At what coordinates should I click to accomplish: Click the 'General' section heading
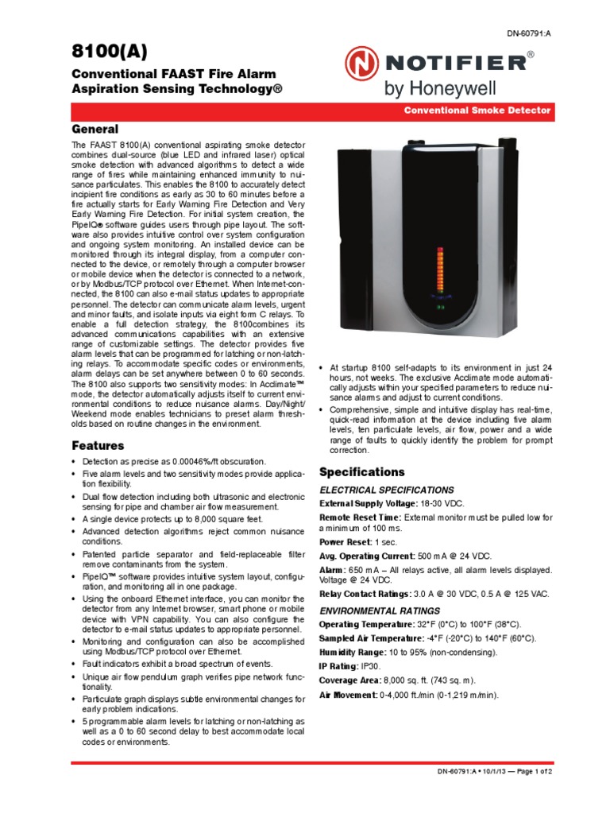pos(95,129)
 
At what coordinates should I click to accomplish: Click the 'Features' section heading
pos(98,445)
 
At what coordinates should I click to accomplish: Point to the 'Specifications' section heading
pos(361,472)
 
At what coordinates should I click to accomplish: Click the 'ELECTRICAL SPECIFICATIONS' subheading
pos(386,490)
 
